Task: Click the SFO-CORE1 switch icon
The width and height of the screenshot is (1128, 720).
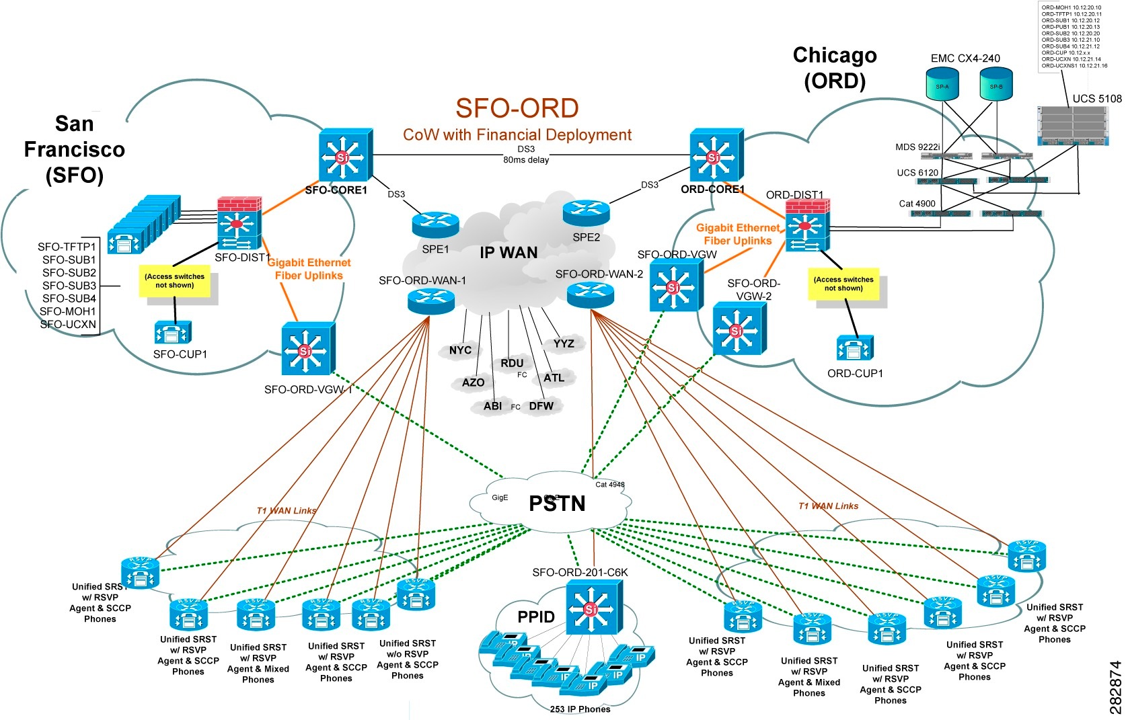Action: [344, 156]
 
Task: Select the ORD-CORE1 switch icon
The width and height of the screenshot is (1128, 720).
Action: [715, 156]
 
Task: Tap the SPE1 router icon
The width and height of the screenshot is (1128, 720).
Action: [435, 225]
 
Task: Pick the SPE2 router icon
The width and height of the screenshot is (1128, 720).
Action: [586, 213]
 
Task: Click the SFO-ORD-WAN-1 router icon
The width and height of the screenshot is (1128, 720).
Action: [431, 301]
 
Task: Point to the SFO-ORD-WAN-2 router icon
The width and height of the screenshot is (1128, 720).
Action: [591, 294]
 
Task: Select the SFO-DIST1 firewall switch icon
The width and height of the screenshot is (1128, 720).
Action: [239, 225]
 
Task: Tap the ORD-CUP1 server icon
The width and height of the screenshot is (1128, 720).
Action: [854, 348]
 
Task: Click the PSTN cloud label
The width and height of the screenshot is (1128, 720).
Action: [557, 504]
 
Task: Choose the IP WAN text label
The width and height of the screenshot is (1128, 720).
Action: [509, 253]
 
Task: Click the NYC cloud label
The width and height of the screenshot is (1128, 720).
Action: [460, 350]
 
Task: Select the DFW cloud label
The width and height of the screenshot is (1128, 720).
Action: [541, 406]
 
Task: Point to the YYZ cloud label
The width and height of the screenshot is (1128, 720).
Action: [564, 344]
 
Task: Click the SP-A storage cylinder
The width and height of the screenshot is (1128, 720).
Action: [942, 86]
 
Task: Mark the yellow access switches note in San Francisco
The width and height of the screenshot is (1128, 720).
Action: [175, 281]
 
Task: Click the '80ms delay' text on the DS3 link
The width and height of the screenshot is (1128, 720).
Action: [526, 160]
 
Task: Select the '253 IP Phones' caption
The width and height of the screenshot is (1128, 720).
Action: [580, 709]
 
